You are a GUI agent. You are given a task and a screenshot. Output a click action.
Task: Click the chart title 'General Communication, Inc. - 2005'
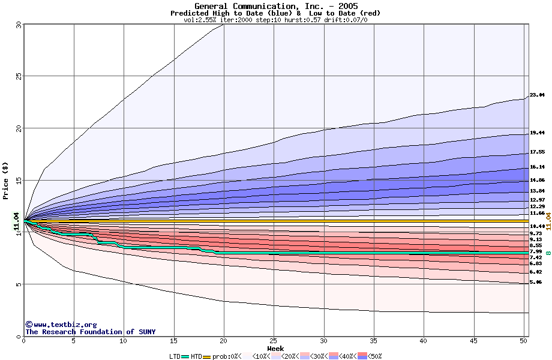275,6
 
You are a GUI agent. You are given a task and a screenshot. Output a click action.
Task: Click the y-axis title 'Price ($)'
6,180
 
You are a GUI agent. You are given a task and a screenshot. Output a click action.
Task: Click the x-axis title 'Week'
275,349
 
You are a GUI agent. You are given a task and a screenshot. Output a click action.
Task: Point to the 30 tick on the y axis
19,25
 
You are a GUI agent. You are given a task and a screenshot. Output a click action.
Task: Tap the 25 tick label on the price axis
19,76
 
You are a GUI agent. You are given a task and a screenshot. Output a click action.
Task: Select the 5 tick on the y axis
19,284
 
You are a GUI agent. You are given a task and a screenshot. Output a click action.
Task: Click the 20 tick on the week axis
223,341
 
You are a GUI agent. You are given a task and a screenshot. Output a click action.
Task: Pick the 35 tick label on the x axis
373,341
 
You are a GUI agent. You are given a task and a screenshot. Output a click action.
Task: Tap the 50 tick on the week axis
523,341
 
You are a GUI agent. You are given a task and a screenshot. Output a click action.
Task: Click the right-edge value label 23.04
537,95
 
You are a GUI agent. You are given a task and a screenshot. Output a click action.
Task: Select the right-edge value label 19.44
537,133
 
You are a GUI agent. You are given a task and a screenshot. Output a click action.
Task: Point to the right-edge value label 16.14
537,167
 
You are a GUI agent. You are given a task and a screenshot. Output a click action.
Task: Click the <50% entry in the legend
374,356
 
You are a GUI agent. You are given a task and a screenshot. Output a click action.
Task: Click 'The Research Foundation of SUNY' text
90,332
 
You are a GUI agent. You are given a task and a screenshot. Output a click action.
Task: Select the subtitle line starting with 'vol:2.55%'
275,20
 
